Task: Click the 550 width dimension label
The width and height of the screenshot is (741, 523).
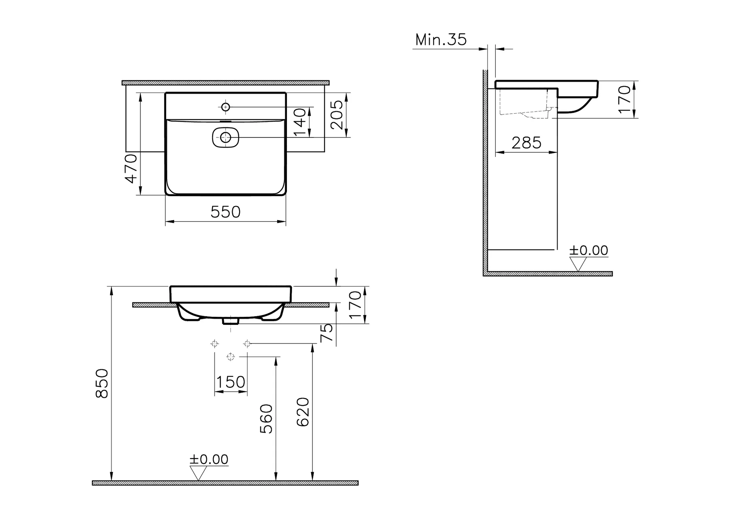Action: tap(225, 212)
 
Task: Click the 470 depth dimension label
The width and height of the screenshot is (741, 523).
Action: tap(131, 169)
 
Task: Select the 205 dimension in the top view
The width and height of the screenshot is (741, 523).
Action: tap(336, 115)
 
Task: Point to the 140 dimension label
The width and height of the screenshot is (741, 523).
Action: tap(300, 122)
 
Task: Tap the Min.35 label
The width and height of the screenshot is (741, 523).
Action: tap(441, 40)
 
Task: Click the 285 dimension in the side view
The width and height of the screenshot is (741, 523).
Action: tap(526, 143)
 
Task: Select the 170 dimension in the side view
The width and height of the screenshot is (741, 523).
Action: tap(625, 99)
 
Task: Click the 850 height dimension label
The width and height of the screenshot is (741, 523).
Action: tap(102, 384)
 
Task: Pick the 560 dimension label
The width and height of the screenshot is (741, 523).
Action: tap(266, 419)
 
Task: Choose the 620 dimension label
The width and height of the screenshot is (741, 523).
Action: tap(303, 412)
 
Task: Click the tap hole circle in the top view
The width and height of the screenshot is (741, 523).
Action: tap(225, 107)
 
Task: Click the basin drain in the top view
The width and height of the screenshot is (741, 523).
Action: tap(225, 137)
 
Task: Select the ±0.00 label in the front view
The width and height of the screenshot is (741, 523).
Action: tap(209, 460)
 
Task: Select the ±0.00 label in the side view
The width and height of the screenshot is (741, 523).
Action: tap(589, 251)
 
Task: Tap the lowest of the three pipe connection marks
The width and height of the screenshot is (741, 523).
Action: tap(230, 357)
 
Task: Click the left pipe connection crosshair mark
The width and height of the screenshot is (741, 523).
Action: tap(215, 344)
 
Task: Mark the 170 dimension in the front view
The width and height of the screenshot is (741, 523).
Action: tap(356, 305)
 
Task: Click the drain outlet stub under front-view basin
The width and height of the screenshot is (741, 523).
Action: tap(230, 320)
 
